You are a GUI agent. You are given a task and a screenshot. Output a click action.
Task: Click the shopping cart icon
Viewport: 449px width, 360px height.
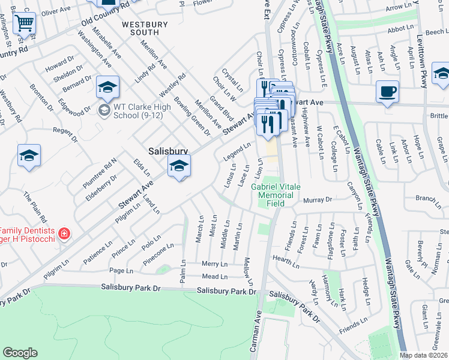click(24, 23)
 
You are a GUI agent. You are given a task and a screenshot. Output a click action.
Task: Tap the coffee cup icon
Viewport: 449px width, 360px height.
click(388, 92)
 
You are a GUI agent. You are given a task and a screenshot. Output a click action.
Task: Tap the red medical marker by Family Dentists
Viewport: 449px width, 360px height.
click(65, 233)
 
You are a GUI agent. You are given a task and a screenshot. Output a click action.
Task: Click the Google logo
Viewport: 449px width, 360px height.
click(20, 353)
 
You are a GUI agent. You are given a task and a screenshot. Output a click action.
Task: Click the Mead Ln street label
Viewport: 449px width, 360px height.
click(215, 277)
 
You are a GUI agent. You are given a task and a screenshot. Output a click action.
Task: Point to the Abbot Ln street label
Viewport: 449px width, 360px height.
click(402, 28)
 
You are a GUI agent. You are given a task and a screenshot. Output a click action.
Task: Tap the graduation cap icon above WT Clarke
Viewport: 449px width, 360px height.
click(107, 88)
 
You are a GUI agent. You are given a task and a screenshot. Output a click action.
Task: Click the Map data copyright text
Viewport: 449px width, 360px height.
click(424, 355)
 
